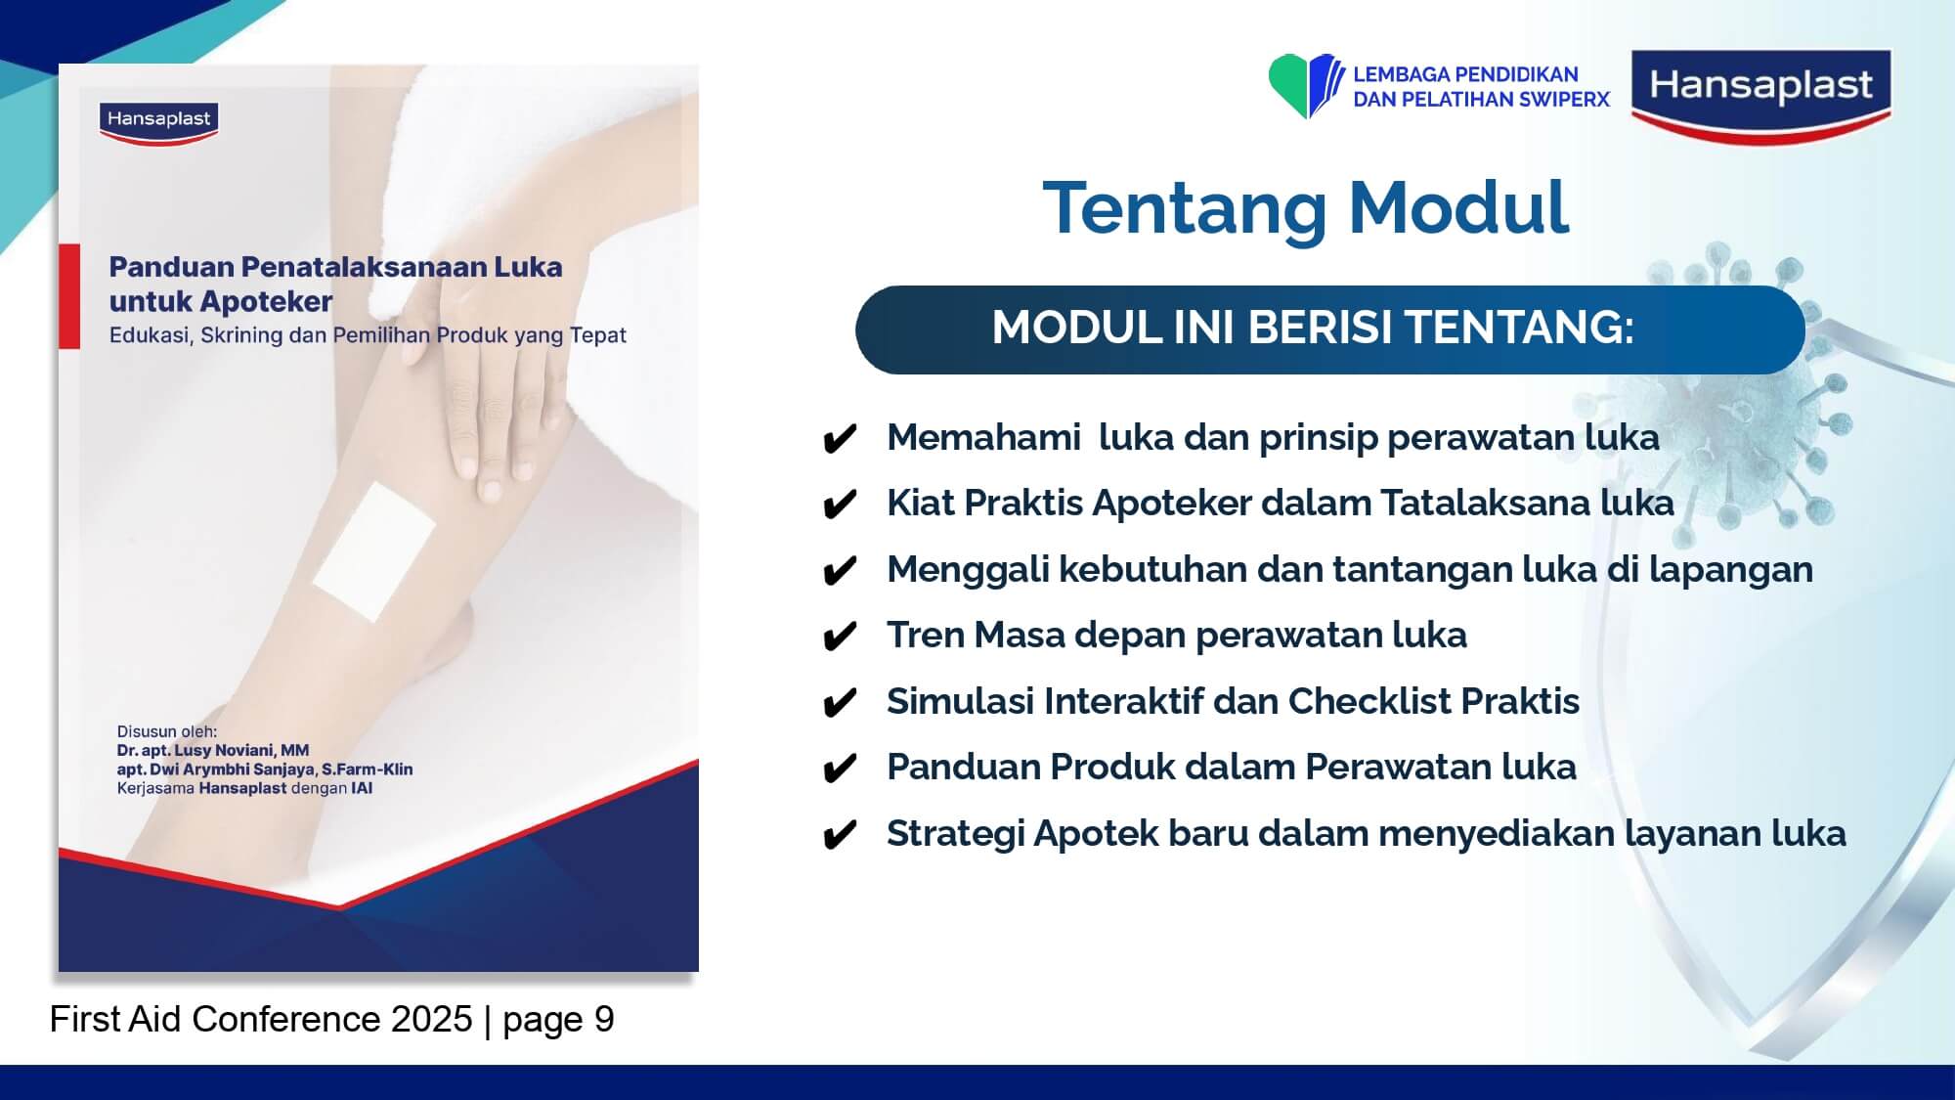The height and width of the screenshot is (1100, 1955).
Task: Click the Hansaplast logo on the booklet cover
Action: point(158,122)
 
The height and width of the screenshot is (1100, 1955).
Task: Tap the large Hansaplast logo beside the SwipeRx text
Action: point(1761,96)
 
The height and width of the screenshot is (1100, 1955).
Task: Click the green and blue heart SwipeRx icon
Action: point(1306,86)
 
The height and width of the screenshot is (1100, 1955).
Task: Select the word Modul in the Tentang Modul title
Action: point(1458,207)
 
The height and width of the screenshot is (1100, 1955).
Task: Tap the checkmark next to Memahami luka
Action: point(840,439)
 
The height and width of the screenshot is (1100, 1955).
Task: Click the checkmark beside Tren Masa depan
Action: point(840,638)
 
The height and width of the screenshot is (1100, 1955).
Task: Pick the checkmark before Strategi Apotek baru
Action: point(840,836)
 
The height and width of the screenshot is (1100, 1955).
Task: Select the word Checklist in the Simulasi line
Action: point(1368,701)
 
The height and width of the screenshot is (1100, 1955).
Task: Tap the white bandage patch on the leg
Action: point(374,551)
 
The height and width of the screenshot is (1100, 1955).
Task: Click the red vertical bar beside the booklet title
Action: point(69,296)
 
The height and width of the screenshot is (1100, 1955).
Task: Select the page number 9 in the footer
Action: point(604,1019)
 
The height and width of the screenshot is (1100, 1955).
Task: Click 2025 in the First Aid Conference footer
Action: point(431,1019)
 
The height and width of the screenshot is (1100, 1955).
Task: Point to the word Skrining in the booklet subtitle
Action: point(241,335)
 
